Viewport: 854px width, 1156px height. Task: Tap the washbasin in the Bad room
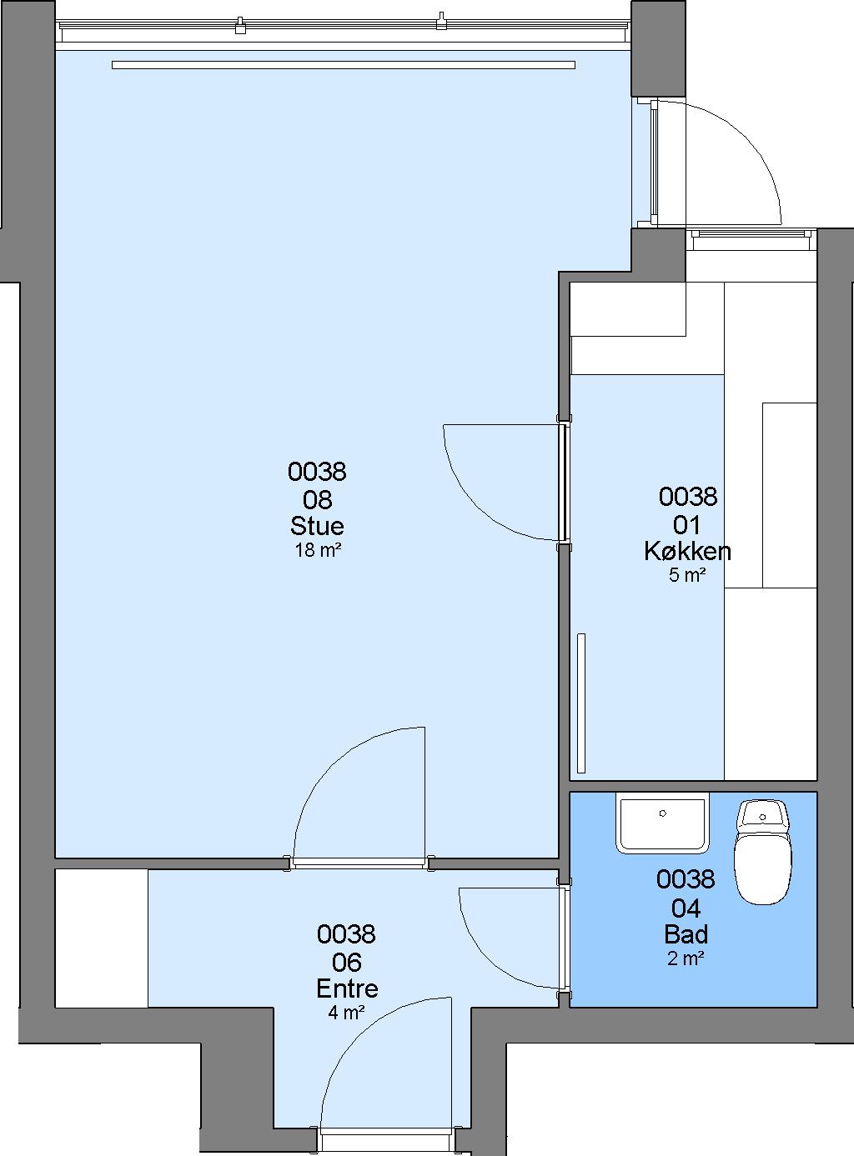662,822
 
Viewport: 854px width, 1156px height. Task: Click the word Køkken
687,551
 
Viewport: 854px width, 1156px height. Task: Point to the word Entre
347,988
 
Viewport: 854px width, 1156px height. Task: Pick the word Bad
686,934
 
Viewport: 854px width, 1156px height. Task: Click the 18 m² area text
319,550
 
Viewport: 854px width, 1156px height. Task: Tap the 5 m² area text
687,575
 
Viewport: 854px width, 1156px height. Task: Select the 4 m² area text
346,1012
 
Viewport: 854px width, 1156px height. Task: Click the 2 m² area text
686,958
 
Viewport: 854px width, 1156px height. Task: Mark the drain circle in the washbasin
662,813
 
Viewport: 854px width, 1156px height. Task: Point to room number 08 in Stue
317,499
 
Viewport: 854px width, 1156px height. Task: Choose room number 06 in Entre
347,962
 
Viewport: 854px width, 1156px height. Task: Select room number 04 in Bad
686,908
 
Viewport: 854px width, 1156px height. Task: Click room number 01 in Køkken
686,524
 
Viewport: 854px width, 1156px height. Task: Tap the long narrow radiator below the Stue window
344,65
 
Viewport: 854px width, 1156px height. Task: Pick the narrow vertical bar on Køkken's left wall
581,703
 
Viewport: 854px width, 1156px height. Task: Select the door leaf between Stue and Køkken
564,482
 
